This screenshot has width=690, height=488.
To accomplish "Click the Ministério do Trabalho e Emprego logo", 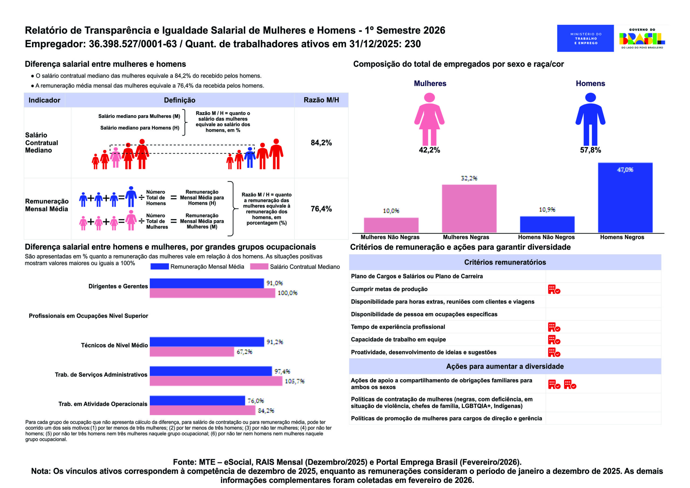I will [x=585, y=38].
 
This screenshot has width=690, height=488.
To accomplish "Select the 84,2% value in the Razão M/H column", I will [x=321, y=143].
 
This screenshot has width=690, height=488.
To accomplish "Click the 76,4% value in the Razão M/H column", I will [x=321, y=209].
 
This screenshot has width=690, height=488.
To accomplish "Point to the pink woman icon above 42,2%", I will [x=429, y=119].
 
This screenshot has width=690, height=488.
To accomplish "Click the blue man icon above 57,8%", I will [x=590, y=119].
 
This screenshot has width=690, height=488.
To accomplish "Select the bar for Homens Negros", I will [x=625, y=198].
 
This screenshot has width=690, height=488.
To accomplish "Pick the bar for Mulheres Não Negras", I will [x=391, y=225].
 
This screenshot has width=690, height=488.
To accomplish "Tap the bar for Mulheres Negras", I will [x=469, y=208].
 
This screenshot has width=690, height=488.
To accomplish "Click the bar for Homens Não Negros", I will [x=547, y=224].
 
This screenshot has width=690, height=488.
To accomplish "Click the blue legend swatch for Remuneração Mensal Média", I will [x=159, y=267].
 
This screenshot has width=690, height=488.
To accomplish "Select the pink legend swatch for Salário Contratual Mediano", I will [x=259, y=267].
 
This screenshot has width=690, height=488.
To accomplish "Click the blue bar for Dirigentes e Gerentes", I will [x=206, y=283].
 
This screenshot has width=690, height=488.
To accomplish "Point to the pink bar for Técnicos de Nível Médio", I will [x=192, y=352].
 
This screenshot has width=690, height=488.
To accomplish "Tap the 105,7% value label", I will [x=294, y=381].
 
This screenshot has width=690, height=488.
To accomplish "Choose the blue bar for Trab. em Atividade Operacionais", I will [x=197, y=400].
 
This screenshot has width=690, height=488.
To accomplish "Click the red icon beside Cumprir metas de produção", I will [x=554, y=289].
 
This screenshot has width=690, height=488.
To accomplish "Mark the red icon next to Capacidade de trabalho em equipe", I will [x=554, y=340].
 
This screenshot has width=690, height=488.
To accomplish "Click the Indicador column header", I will [x=44, y=100].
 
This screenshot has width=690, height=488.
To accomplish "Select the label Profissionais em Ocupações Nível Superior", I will [x=88, y=316].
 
